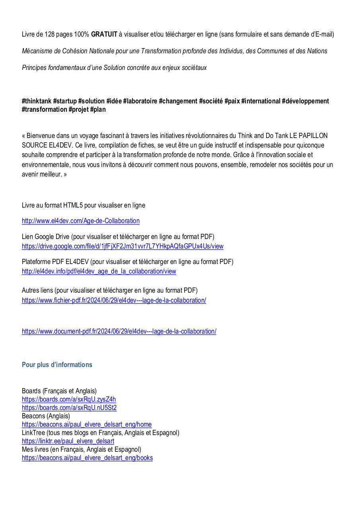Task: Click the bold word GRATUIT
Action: pos(104,35)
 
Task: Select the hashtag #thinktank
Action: pos(37,101)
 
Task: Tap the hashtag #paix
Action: pos(232,101)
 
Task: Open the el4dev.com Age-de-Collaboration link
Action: pos(81,221)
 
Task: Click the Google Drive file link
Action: pos(123,246)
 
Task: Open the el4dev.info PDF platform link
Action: pos(99,271)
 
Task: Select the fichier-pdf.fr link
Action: pos(114,300)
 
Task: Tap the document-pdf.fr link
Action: pos(119,331)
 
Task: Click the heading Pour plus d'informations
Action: pos(57,365)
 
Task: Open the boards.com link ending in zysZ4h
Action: pos(69,399)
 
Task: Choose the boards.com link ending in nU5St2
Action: pos(69,408)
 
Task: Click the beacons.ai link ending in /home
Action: pos(87,424)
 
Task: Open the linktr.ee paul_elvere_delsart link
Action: pos(68,441)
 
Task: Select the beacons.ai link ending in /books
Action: pos(87,458)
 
